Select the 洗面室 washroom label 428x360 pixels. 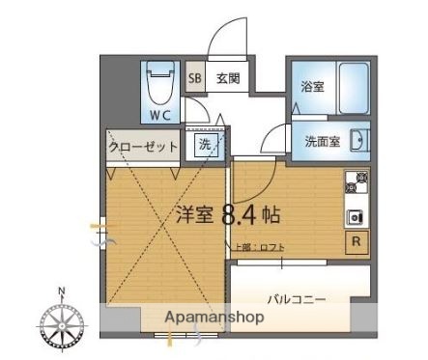[x=320, y=141]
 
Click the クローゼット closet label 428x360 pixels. [x=142, y=148]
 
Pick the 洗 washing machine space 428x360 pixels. [x=207, y=145]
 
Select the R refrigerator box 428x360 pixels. [x=357, y=241]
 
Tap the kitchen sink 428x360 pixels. [x=355, y=215]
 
